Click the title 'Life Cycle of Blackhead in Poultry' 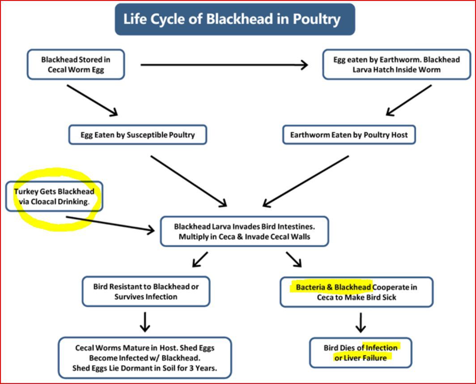232,19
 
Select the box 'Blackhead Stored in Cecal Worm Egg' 76,65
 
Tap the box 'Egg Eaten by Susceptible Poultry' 137,135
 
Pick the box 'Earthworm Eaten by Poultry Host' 349,135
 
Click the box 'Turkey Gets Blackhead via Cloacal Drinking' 54,196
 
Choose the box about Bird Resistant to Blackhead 146,291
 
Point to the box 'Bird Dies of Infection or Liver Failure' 360,353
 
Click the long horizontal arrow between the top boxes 224,65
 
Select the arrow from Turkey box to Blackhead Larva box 110,224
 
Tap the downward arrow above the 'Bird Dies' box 360,323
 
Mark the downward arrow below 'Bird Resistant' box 145,322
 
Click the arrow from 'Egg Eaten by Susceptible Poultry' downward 189,181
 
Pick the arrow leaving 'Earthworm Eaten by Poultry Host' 306,181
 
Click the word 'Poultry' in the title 317,20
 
